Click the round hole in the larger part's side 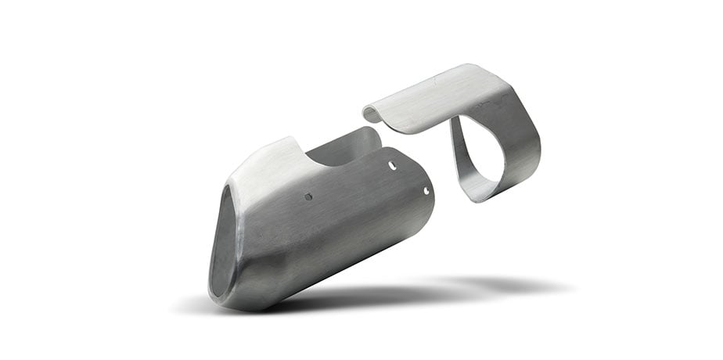pyautogui.click(x=308, y=196)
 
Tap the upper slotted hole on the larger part pyautogui.click(x=392, y=165)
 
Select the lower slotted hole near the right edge pyautogui.click(x=426, y=190)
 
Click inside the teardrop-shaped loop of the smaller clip pyautogui.click(x=478, y=152)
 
